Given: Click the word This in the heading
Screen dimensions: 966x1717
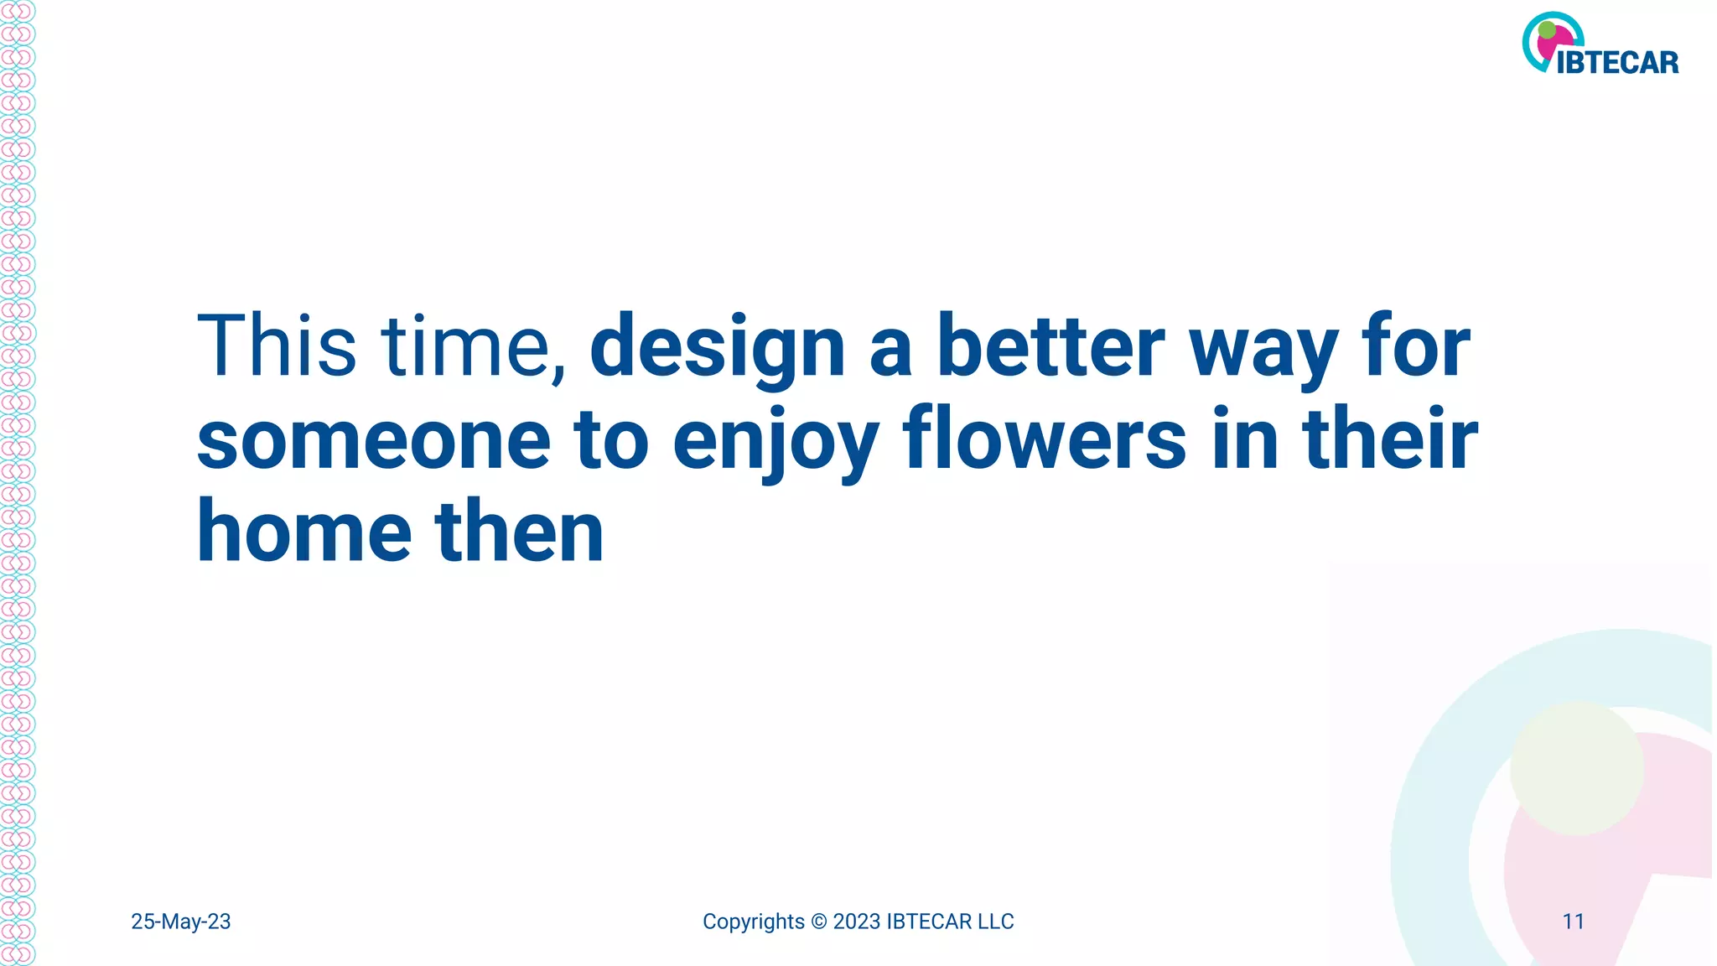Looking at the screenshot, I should [x=277, y=345].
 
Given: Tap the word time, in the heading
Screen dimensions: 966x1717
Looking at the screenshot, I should [x=475, y=347].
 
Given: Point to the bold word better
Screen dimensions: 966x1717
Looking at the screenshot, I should [x=1050, y=345].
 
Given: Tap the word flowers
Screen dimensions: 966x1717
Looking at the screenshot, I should [x=1045, y=439].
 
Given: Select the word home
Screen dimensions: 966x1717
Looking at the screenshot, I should [x=304, y=532].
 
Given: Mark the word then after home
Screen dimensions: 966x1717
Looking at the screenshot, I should [x=519, y=532].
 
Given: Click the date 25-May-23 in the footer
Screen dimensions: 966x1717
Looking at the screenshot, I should [x=181, y=922].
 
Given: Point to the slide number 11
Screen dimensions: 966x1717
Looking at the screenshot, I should [x=1574, y=922].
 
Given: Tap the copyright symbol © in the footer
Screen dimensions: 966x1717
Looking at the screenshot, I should [x=819, y=922].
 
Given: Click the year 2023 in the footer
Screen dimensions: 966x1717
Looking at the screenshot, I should [x=856, y=922].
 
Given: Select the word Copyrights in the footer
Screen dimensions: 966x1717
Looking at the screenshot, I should [x=753, y=922].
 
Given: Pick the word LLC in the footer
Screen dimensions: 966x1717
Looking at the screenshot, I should [x=995, y=922].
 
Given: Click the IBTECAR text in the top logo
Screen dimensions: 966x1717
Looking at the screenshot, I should [x=1617, y=63].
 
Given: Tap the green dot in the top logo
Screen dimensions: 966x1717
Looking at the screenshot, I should [x=1548, y=31].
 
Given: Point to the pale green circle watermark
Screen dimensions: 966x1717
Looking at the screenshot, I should [x=1576, y=768].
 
